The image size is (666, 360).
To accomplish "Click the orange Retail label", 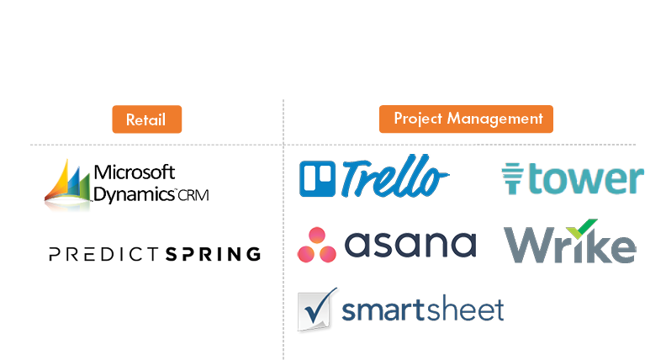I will [146, 119].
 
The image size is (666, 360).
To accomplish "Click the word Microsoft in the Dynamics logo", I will [135, 172].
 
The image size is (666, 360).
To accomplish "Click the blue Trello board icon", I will [317, 179].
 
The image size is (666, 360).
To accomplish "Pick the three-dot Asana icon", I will [316, 245].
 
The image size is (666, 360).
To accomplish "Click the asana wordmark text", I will [410, 245].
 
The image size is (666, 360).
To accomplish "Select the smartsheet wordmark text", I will [422, 310].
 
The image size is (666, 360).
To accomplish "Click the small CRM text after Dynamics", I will [193, 195].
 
